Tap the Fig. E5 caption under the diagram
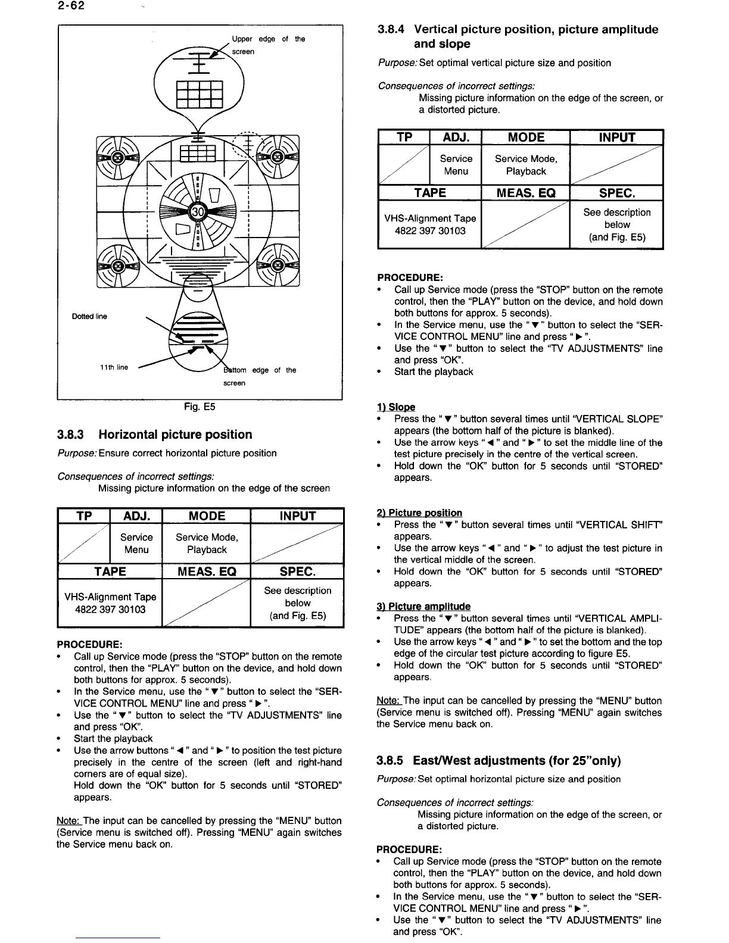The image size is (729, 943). (x=200, y=407)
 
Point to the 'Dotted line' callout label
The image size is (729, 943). (x=89, y=316)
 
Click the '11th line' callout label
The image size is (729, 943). (x=114, y=367)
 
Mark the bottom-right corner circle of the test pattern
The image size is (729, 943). (x=277, y=266)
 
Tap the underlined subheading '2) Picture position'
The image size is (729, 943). (x=419, y=513)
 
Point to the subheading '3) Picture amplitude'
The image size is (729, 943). (x=423, y=607)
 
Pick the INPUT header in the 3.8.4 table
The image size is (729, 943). (x=616, y=138)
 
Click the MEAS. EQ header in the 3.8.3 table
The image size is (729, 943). (x=207, y=572)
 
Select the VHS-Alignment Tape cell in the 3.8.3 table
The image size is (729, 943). (x=110, y=603)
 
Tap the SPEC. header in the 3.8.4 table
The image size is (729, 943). (x=616, y=193)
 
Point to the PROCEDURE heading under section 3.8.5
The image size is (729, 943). (x=409, y=850)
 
